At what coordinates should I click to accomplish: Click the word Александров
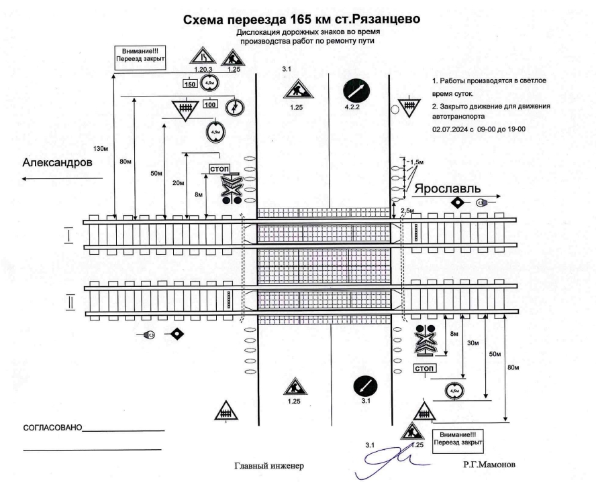tap(58, 163)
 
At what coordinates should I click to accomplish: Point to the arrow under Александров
tap(61, 179)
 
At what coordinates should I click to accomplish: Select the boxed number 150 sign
tap(190, 84)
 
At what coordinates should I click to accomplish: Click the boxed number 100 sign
tap(210, 104)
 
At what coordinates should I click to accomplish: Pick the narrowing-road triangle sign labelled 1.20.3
tap(201, 56)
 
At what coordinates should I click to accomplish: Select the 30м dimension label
tap(473, 343)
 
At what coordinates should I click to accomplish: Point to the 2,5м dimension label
tap(407, 211)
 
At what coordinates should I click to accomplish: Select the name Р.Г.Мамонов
tap(488, 464)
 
